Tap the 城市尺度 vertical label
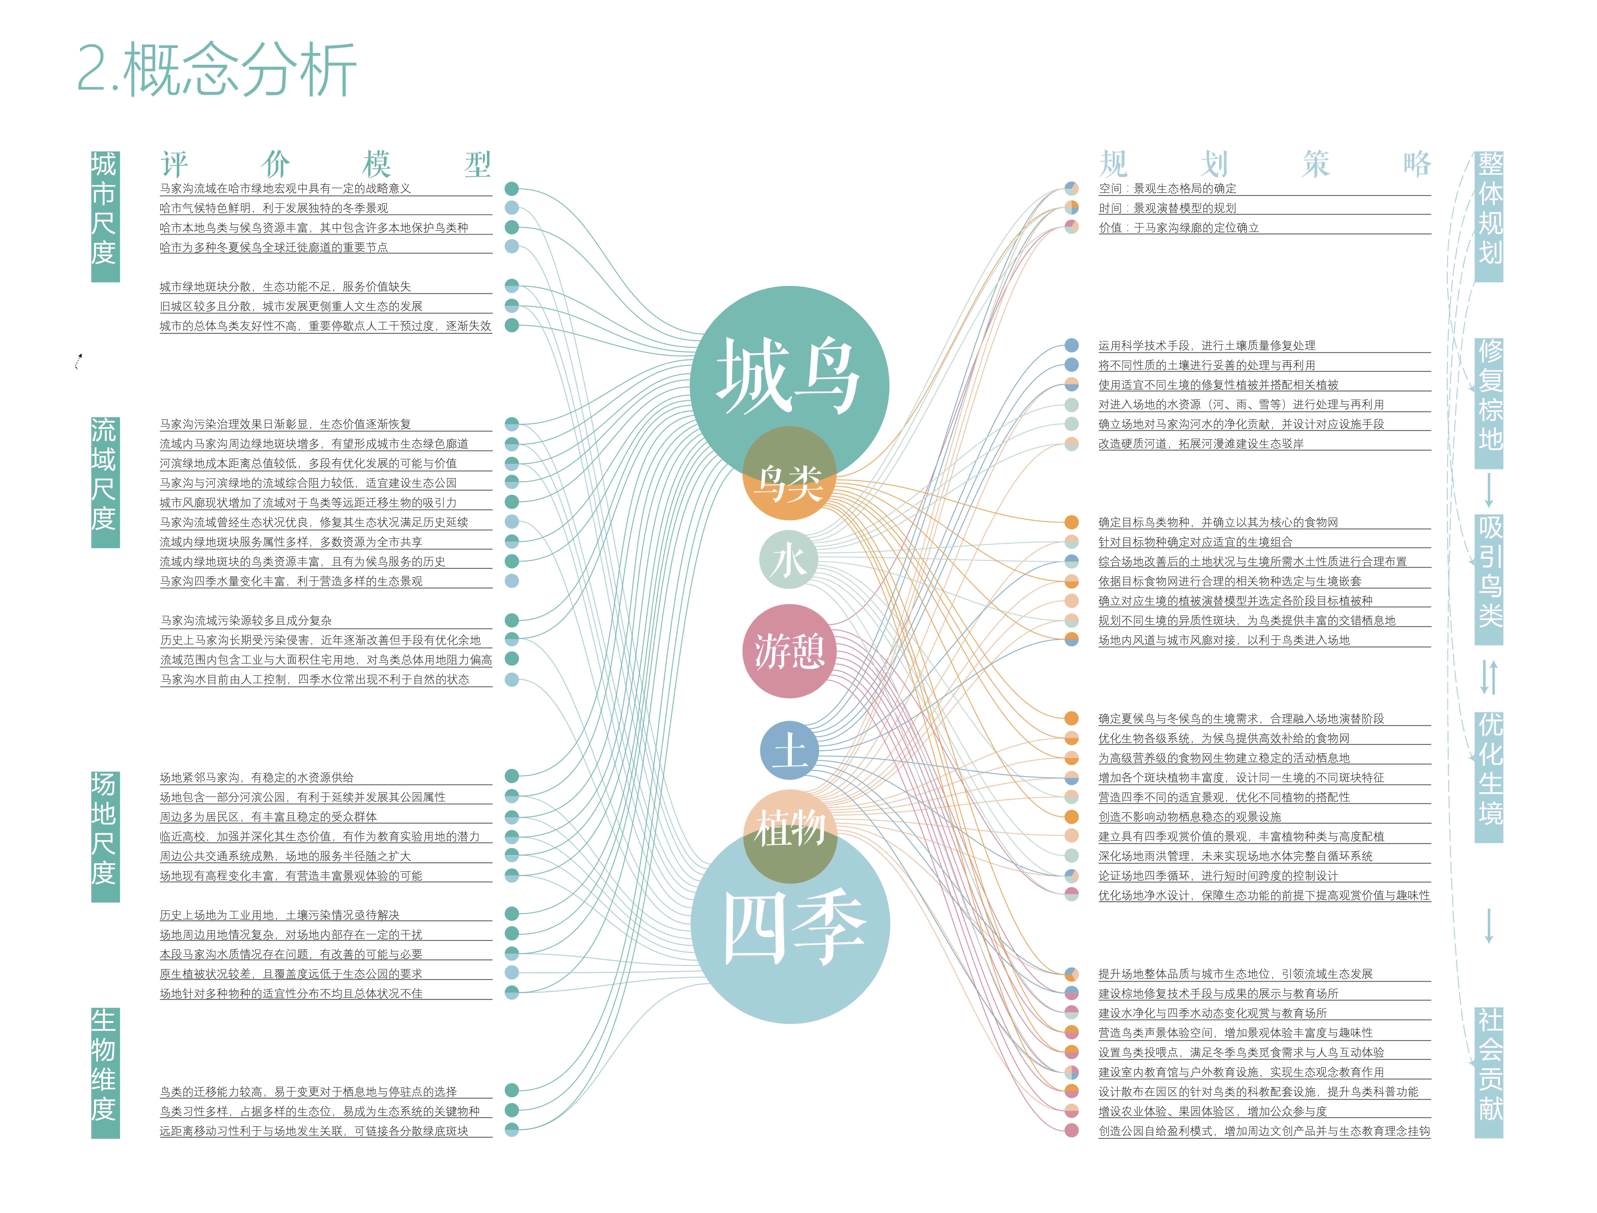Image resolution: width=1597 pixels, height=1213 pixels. point(105,217)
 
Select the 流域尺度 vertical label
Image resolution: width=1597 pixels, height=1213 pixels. point(105,482)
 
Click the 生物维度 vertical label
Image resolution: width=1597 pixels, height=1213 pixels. point(105,1073)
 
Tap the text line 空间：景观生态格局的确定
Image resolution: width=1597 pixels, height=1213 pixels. point(1167,189)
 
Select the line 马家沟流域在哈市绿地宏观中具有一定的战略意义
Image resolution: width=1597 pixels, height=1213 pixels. point(285,189)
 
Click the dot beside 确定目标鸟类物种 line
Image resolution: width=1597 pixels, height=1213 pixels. point(1071,522)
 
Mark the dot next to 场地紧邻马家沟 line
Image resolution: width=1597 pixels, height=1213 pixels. point(512,776)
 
